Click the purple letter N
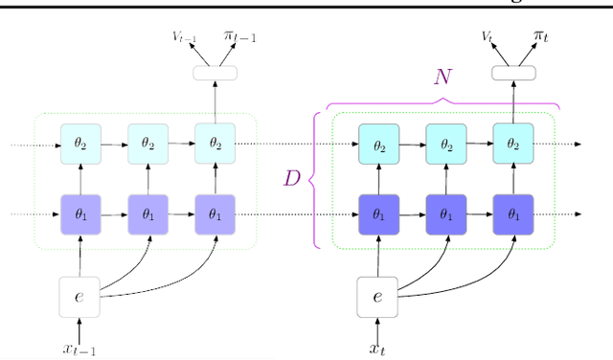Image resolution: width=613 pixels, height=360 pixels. [x=442, y=78]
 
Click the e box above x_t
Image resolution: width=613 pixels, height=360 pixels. [x=377, y=296]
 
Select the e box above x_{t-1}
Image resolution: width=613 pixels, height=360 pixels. [x=79, y=296]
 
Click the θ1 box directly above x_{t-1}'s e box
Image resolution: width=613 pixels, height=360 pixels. [x=79, y=214]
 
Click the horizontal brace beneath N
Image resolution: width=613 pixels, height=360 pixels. [x=442, y=101]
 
